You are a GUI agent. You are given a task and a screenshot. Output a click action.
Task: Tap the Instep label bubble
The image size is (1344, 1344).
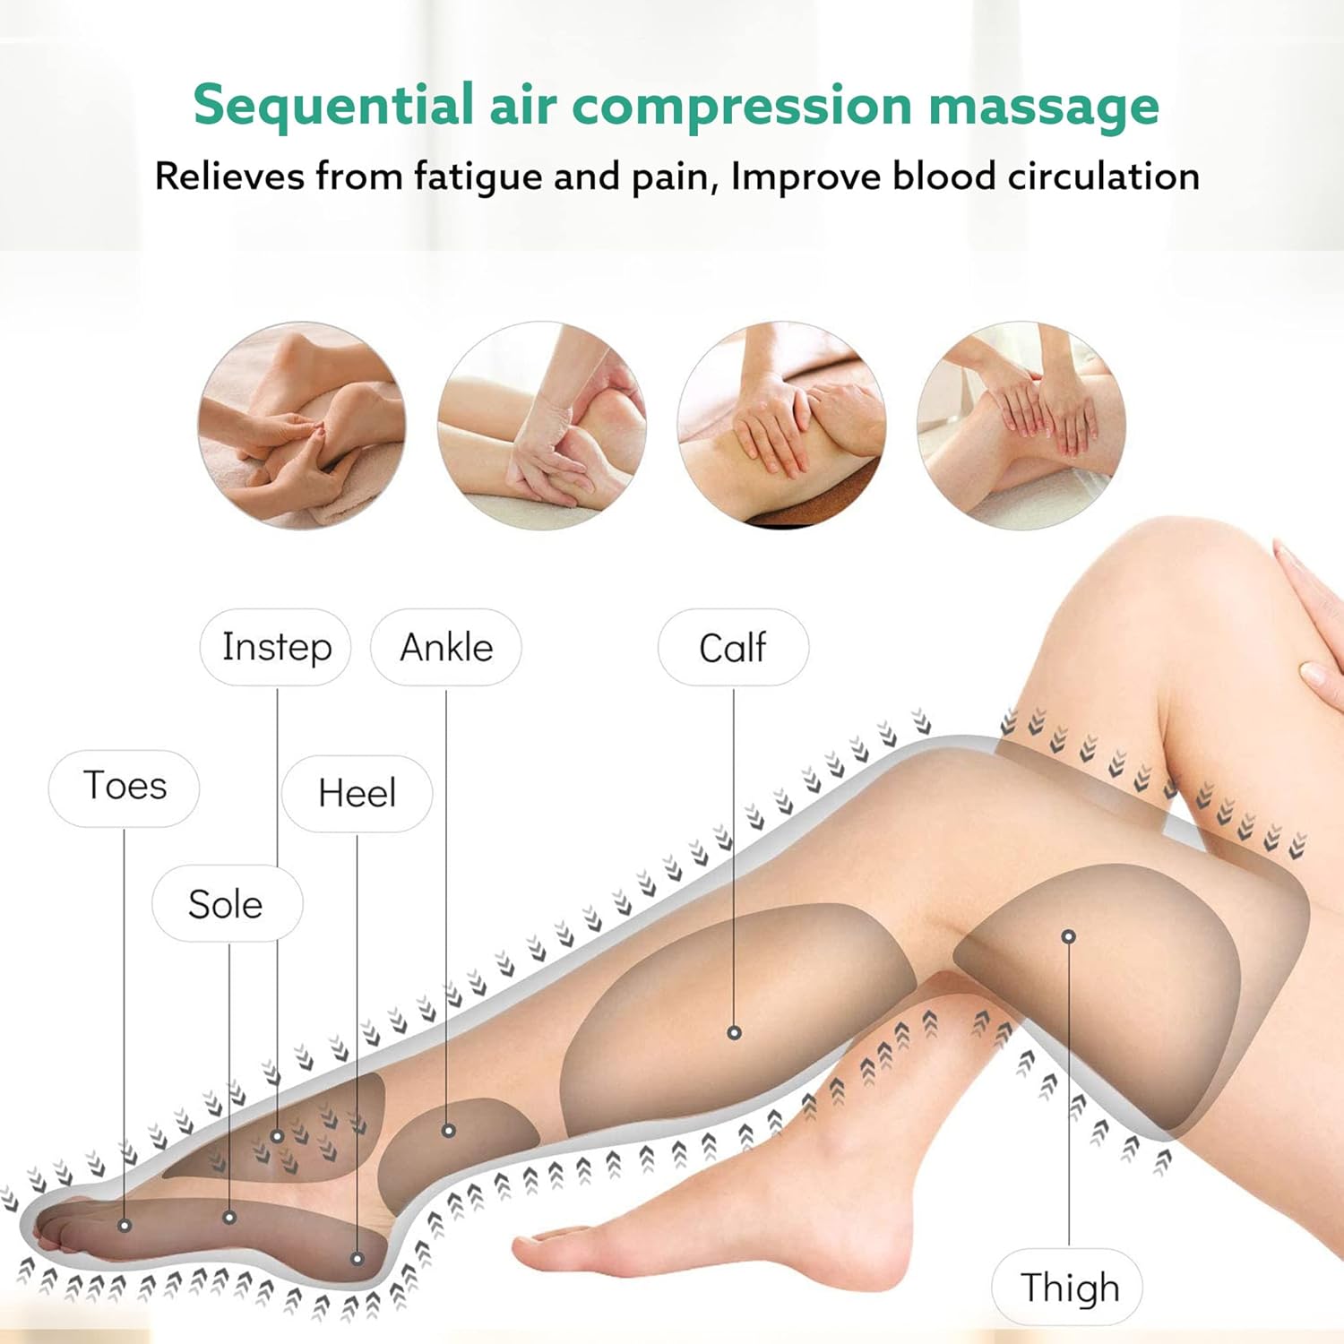pyautogui.click(x=276, y=647)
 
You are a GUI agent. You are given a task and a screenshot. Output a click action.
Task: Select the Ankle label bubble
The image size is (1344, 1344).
pyautogui.click(x=446, y=647)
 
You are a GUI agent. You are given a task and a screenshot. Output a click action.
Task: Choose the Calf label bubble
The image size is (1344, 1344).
pyautogui.click(x=733, y=647)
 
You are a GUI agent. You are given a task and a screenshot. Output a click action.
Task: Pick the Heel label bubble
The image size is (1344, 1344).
pyautogui.click(x=357, y=793)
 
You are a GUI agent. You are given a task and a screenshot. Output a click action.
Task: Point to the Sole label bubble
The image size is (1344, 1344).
pyautogui.click(x=227, y=903)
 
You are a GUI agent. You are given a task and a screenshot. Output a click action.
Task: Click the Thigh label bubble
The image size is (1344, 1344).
pyautogui.click(x=1069, y=1287)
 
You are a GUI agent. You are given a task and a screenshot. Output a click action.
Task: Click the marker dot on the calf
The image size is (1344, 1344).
pyautogui.click(x=734, y=1032)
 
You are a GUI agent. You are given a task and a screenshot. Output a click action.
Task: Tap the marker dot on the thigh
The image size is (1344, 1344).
pyautogui.click(x=1068, y=936)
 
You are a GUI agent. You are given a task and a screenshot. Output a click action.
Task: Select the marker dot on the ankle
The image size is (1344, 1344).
pyautogui.click(x=449, y=1131)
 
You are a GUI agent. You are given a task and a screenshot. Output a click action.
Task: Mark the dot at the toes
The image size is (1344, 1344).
pyautogui.click(x=125, y=1225)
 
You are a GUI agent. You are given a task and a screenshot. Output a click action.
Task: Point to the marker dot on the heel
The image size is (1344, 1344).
pyautogui.click(x=357, y=1259)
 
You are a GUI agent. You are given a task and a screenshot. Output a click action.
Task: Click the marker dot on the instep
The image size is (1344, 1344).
pyautogui.click(x=278, y=1136)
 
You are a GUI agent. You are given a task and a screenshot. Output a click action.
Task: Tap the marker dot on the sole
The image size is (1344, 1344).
pyautogui.click(x=229, y=1217)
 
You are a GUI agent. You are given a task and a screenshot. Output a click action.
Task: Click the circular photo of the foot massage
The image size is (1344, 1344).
pyautogui.click(x=302, y=425)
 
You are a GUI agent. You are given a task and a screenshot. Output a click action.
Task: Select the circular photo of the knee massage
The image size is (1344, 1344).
pyautogui.click(x=1021, y=425)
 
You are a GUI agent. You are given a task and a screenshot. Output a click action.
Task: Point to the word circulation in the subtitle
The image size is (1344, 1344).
pyautogui.click(x=1104, y=176)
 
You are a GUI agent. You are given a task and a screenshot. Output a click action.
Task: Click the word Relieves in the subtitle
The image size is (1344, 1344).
pyautogui.click(x=229, y=176)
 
